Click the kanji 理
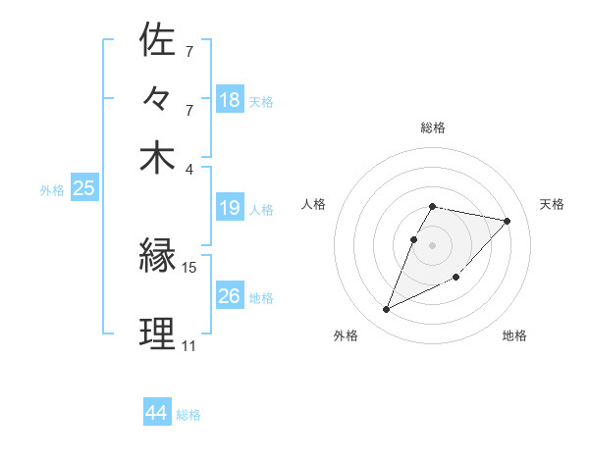click(x=158, y=334)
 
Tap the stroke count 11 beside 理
click(x=189, y=345)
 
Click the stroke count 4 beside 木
click(x=189, y=168)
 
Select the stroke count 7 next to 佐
click(x=189, y=51)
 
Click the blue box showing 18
click(x=230, y=99)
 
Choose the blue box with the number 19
click(x=230, y=208)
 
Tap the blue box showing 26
click(x=230, y=296)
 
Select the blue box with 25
click(x=83, y=188)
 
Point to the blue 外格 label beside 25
click(x=51, y=190)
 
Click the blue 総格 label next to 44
click(x=188, y=415)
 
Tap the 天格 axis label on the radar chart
click(x=552, y=204)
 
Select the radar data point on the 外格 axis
click(x=386, y=310)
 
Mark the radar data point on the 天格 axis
click(x=508, y=221)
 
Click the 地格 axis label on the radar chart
click(x=514, y=335)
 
